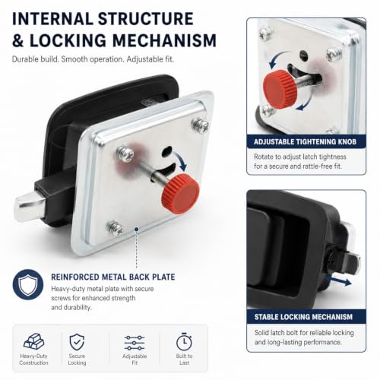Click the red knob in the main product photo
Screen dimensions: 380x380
pyautogui.click(x=180, y=194)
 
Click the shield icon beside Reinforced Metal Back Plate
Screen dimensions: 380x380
pyautogui.click(x=28, y=284)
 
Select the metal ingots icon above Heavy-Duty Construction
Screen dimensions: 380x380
pyautogui.click(x=33, y=341)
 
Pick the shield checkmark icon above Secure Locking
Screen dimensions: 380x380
pyautogui.click(x=77, y=342)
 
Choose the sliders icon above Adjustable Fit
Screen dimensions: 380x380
pyautogui.click(x=135, y=343)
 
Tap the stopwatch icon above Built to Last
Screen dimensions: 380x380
pyautogui.click(x=184, y=342)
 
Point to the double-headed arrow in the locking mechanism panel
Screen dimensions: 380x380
pyautogui.click(x=338, y=280)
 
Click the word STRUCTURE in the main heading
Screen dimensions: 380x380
pyautogui.click(x=146, y=19)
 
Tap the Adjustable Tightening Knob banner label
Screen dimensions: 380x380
pyautogui.click(x=305, y=141)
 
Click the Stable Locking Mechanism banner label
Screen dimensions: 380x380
pyautogui.click(x=303, y=317)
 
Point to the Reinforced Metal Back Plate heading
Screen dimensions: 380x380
pyautogui.click(x=113, y=277)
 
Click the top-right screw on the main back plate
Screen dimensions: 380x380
pyautogui.click(x=201, y=125)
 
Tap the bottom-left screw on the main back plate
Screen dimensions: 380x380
pyautogui.click(x=116, y=228)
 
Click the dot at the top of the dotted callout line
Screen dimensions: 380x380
pyautogui.click(x=137, y=230)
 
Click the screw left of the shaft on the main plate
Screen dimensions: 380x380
pyautogui.click(x=125, y=154)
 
